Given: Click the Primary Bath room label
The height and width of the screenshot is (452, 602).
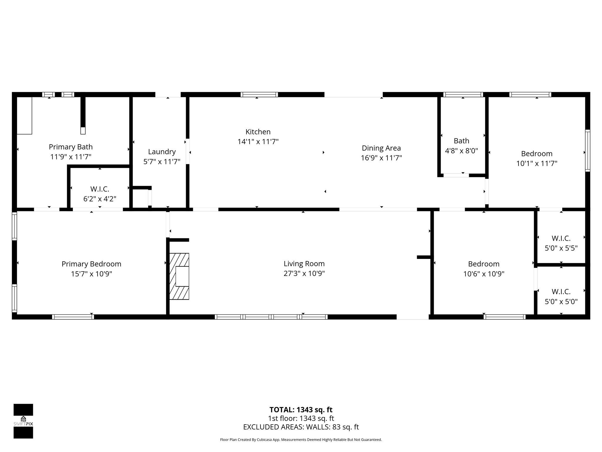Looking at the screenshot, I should (x=71, y=147).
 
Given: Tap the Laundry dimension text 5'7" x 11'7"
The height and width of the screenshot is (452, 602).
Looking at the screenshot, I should (x=162, y=162).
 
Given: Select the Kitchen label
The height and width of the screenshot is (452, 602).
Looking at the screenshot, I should (x=258, y=132).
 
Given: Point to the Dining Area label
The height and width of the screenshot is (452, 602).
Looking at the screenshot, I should (x=381, y=148).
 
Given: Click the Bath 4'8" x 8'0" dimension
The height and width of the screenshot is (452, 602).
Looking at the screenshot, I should (x=461, y=151).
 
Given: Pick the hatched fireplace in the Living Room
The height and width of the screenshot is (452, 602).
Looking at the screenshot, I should (x=179, y=276).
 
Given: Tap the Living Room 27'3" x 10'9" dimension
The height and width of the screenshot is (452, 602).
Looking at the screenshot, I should (x=304, y=274).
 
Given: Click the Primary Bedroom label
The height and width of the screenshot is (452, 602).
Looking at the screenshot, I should (x=91, y=264).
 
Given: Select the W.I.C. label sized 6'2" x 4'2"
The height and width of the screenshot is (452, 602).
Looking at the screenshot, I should (x=100, y=189).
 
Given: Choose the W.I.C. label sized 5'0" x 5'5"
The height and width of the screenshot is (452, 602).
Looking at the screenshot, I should (x=561, y=238).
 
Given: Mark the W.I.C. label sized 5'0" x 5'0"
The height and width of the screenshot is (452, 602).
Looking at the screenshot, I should (x=561, y=292).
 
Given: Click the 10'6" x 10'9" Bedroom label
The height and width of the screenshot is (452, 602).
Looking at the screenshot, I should (x=484, y=264).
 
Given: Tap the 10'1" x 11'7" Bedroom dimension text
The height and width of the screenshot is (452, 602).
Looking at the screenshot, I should (x=537, y=164).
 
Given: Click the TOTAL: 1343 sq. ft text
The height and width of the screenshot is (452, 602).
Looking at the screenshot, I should (x=301, y=410).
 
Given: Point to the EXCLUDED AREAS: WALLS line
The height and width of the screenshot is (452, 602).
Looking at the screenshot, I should (x=301, y=427).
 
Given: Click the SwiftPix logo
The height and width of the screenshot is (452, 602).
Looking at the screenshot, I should (x=23, y=421).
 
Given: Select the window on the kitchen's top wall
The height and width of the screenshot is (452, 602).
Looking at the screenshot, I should (x=259, y=94).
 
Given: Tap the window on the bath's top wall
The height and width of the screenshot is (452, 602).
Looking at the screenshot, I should (x=463, y=94).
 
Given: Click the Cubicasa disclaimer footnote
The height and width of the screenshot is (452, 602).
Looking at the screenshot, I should (x=301, y=440).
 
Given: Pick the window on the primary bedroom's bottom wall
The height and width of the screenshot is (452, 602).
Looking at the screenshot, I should (x=73, y=317).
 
